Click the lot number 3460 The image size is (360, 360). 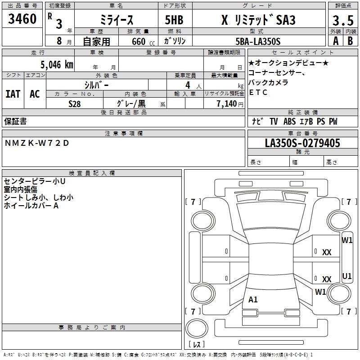click(x=22, y=19)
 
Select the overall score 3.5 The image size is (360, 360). click(x=343, y=20)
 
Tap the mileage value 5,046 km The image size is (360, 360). click(x=57, y=65)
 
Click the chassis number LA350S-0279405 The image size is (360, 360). click(x=302, y=143)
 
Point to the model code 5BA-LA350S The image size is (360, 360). click(x=258, y=41)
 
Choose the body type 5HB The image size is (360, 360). click(x=174, y=20)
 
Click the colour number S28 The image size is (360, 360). click(x=75, y=104)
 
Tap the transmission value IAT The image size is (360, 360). click(x=13, y=94)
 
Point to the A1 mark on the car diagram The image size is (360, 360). click(x=253, y=299)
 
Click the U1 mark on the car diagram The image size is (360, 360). click(x=347, y=276)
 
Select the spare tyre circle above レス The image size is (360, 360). click(x=197, y=328)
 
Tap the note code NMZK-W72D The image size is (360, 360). click(x=37, y=143)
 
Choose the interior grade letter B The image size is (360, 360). click(x=350, y=41)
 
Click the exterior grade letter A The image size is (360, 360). click(x=336, y=41)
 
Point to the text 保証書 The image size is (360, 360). click(x=15, y=121)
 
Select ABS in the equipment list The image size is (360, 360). click(x=289, y=121)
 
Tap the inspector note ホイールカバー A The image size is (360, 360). click(x=31, y=206)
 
